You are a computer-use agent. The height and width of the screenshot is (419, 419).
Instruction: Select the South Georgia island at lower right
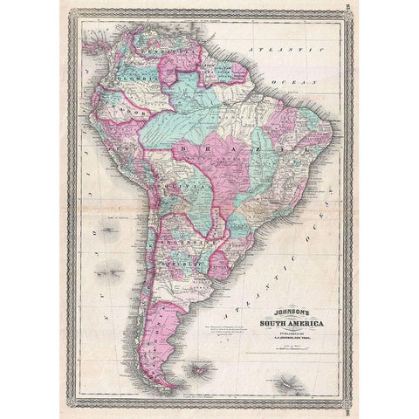(284, 381)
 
